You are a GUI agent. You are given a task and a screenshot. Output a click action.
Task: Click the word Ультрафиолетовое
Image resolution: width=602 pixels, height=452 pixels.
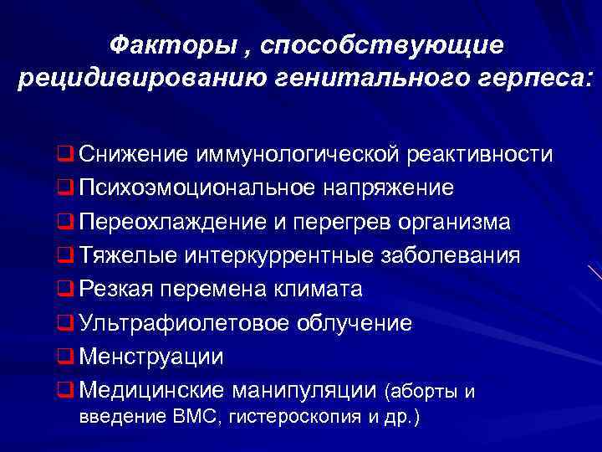[x=178, y=323]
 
